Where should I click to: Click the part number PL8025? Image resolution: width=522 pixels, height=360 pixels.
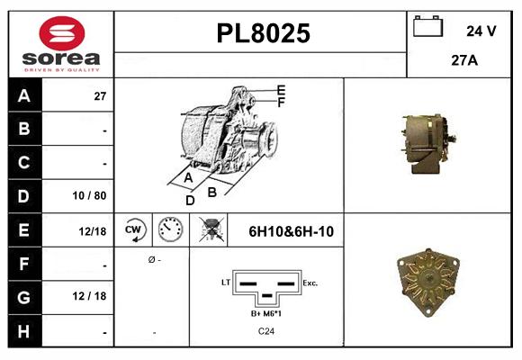[x=263, y=34]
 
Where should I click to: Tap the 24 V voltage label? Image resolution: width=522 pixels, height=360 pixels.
[x=481, y=31]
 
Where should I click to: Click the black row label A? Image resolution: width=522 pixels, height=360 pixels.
[x=23, y=95]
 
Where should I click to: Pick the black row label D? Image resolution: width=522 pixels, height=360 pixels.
[x=23, y=195]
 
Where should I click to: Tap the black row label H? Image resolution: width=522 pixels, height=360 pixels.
[x=23, y=331]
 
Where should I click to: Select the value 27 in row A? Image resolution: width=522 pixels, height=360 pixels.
[x=101, y=95]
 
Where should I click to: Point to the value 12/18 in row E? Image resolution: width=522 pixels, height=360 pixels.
[x=93, y=231]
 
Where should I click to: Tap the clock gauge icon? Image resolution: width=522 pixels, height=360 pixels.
[x=170, y=230]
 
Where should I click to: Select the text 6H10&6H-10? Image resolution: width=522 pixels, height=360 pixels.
[x=292, y=231]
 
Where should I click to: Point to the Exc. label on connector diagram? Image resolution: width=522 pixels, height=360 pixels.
[x=310, y=283]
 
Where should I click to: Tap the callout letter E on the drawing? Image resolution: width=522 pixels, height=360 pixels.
[x=281, y=90]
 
